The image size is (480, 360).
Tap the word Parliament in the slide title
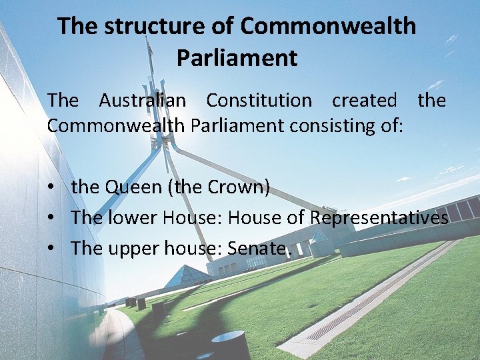click(237, 58)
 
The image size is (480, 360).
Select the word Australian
click(143, 101)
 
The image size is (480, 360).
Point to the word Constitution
click(259, 101)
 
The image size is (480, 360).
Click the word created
click(364, 101)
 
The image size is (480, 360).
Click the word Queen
click(133, 187)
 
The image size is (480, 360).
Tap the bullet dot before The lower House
click(51, 219)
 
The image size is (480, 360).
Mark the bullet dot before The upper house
click(51, 249)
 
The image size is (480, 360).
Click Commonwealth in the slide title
click(328, 27)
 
